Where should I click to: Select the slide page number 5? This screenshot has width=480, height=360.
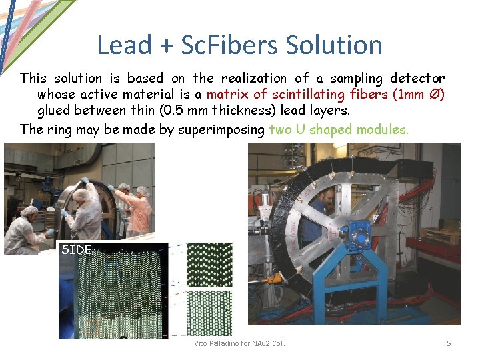449,343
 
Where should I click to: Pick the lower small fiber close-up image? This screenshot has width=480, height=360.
209,313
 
